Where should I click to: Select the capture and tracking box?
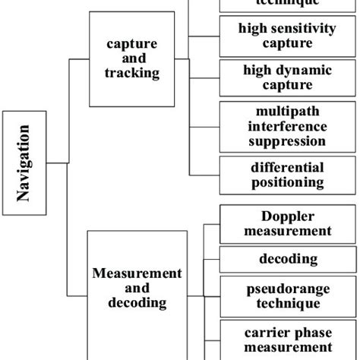tap(132, 58)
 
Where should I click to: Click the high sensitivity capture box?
tap(287, 36)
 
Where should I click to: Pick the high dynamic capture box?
tap(287, 77)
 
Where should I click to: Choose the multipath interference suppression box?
tap(287, 125)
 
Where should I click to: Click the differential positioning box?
tap(287, 175)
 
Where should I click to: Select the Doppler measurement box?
tap(287, 223)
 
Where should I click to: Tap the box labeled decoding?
tap(288, 259)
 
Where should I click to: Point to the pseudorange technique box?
tap(287, 296)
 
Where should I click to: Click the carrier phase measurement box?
tap(288, 339)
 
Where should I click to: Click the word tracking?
tap(132, 73)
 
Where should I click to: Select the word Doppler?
tap(288, 216)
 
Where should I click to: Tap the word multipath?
tap(288, 112)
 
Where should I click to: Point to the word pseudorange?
tap(288, 289)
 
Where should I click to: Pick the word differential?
tap(288, 168)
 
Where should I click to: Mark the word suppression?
tap(288, 141)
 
